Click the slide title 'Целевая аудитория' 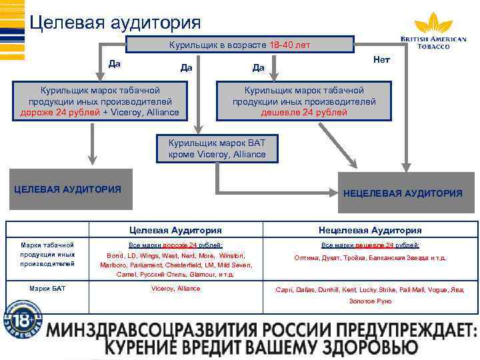[x=115, y=23]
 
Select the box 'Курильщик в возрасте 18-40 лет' [x=240, y=45]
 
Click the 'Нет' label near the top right [x=382, y=60]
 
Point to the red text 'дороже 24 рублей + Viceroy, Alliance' [x=96, y=112]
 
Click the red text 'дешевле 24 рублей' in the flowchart [x=304, y=112]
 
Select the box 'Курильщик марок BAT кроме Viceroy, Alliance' [x=217, y=149]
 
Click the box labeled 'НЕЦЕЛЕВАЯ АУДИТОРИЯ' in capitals [x=403, y=193]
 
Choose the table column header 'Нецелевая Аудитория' [x=370, y=230]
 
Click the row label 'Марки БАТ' [x=47, y=289]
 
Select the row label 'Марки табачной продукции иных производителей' [x=47, y=254]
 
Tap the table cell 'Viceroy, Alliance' [x=176, y=289]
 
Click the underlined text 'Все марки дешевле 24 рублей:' [x=370, y=245]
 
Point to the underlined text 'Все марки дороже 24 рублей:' [x=176, y=245]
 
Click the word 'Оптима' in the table [x=307, y=258]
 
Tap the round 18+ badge [x=22, y=317]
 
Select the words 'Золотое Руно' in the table [x=371, y=301]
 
